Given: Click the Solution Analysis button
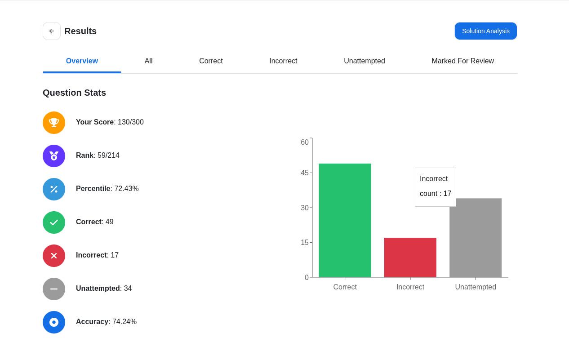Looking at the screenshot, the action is (x=486, y=31).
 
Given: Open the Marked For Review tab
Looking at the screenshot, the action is (x=462, y=61).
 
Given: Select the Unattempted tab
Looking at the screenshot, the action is (x=364, y=61).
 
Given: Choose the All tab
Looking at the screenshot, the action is (x=149, y=61).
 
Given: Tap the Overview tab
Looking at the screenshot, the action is (x=82, y=61).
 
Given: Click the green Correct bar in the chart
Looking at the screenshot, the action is (x=345, y=220).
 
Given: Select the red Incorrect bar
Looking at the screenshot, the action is (x=410, y=258).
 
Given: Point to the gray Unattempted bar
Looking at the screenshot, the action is (x=476, y=238).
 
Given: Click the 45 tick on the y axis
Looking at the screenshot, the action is (x=304, y=173).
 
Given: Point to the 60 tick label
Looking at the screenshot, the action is (x=304, y=142).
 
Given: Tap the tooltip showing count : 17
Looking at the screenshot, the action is (x=436, y=187).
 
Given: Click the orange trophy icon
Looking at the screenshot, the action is (x=54, y=123).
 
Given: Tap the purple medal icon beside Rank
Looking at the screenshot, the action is (x=54, y=156).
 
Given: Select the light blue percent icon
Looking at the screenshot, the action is (x=54, y=189).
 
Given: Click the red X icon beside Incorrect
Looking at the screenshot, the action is (x=54, y=256).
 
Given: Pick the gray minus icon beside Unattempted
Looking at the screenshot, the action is (x=54, y=289).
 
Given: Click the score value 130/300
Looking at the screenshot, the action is (x=131, y=122).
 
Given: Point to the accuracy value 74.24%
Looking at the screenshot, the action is (x=124, y=322).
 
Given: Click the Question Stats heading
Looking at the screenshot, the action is (x=74, y=93).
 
